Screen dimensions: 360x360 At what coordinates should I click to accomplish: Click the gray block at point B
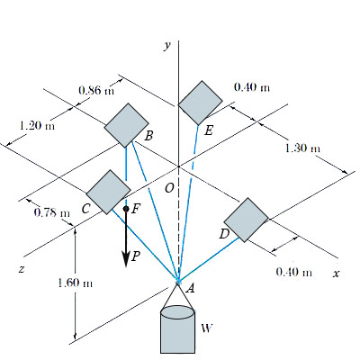tap(127, 124)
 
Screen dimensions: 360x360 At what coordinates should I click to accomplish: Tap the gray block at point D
tap(246, 220)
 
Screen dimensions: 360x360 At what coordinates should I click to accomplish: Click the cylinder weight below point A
tap(178, 329)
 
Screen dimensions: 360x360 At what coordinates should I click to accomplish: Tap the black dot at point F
tap(127, 209)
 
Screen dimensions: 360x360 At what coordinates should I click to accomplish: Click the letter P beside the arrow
tap(136, 256)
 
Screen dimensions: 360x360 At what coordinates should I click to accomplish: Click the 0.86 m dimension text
tap(96, 90)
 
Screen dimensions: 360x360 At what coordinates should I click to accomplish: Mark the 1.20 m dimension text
tap(35, 125)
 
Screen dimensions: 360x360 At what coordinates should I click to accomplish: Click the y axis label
tap(166, 45)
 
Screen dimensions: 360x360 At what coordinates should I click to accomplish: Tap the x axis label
tap(336, 273)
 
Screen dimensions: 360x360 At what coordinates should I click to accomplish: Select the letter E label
tap(208, 131)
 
